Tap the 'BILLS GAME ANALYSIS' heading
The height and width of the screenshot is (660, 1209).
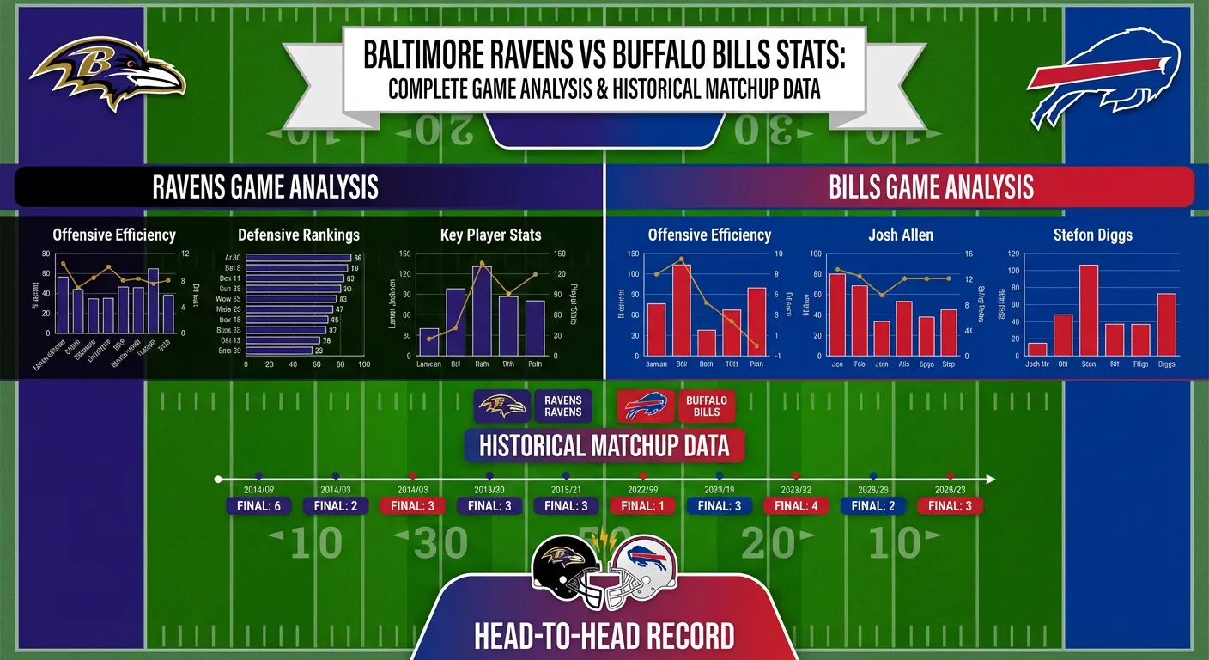point(932,187)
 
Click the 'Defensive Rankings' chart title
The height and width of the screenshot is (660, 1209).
point(299,235)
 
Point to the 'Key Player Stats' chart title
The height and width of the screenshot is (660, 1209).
point(490,235)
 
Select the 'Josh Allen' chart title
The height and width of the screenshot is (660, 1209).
point(901,235)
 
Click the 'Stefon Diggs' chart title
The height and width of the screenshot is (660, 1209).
point(1092,235)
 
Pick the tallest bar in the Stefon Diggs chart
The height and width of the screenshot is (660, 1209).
point(1089,310)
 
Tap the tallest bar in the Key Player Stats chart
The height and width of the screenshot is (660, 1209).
point(482,311)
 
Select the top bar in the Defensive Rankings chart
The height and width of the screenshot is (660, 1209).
point(298,257)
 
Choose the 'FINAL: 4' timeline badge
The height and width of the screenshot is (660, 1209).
point(796,506)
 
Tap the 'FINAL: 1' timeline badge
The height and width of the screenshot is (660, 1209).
point(643,506)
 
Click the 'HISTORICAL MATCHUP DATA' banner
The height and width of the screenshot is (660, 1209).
point(604,446)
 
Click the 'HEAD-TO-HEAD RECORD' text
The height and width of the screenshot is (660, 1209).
point(604,637)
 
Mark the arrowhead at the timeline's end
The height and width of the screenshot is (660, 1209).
point(991,479)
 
